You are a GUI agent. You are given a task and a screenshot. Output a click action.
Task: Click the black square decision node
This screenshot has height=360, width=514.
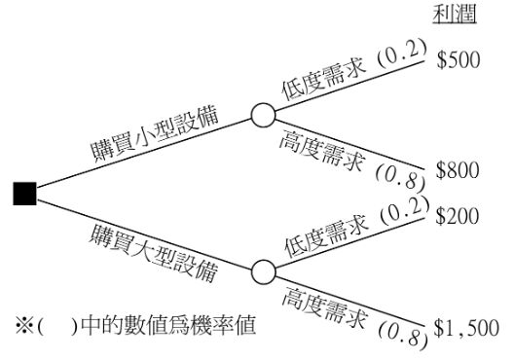(24, 194)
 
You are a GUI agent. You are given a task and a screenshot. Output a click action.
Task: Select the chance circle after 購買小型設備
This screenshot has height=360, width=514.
(263, 115)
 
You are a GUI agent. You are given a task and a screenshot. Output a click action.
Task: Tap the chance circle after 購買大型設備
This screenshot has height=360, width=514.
(264, 271)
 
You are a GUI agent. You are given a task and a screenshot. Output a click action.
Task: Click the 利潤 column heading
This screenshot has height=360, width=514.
(455, 15)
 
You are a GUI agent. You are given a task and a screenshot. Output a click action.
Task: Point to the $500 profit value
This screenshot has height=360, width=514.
(459, 60)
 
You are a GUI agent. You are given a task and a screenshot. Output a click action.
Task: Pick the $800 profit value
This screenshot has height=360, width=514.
(458, 170)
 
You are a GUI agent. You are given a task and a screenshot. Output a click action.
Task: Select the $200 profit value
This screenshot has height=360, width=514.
(458, 216)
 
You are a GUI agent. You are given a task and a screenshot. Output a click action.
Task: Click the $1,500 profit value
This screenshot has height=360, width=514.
(466, 328)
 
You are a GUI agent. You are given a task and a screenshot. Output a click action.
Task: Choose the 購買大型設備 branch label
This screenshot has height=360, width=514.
(154, 252)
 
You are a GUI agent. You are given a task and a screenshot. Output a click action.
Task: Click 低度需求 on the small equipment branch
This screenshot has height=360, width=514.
(323, 78)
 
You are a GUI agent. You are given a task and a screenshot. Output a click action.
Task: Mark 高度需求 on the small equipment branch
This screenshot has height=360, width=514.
(322, 150)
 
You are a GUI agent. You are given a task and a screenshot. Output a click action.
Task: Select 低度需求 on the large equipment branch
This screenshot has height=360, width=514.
(327, 235)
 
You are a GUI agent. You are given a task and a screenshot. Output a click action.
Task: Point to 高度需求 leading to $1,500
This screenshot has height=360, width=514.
(325, 307)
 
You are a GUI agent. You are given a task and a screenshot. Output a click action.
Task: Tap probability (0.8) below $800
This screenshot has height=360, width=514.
(400, 176)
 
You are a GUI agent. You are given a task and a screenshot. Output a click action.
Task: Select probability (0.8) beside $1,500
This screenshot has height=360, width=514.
(403, 334)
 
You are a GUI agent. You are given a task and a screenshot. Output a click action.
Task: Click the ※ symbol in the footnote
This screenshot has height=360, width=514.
(24, 325)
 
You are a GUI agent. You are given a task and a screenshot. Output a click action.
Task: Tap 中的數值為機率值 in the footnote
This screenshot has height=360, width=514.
(167, 325)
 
